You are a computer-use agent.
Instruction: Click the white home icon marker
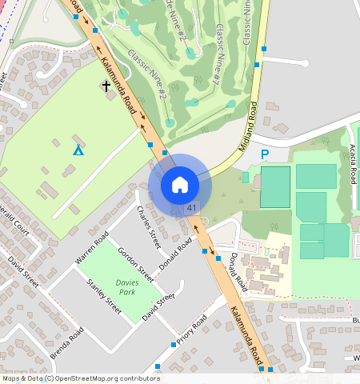180,185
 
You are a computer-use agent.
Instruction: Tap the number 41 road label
192,208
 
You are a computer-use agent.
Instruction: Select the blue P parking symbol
265,153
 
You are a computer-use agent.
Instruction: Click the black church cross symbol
106,85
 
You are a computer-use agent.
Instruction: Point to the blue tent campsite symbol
78,149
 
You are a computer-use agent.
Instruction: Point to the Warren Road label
90,250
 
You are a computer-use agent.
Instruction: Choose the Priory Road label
192,330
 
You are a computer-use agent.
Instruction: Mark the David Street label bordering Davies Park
158,307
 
